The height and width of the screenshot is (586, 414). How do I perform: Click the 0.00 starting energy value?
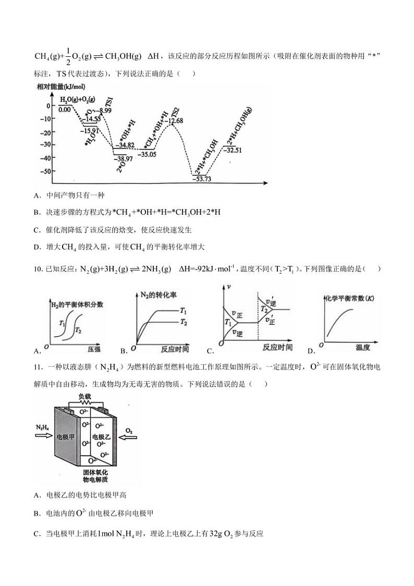(65, 109)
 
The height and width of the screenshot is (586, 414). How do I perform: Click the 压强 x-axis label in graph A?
(94, 348)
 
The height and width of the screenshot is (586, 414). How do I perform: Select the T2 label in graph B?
(184, 323)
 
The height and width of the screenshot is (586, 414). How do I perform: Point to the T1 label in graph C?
(228, 323)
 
